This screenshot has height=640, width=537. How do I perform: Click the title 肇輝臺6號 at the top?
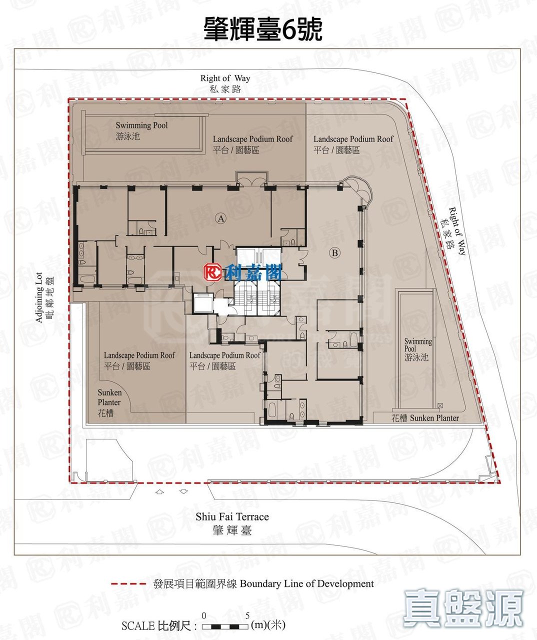tap(263, 28)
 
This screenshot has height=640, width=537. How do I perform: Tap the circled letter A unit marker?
tap(220, 218)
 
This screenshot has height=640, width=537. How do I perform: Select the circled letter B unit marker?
tap(334, 253)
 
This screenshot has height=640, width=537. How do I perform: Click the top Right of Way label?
tap(225, 83)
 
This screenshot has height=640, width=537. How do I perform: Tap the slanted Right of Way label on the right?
tap(453, 230)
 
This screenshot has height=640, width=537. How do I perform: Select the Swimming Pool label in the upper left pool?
tap(141, 130)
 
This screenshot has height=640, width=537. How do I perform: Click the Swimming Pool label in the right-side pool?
tap(418, 349)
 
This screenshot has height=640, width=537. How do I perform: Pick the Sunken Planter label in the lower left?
tap(109, 403)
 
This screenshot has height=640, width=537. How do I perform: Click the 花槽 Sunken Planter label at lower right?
tap(425, 418)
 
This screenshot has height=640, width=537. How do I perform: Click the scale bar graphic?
tap(225, 626)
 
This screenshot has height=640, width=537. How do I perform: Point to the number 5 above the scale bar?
tap(247, 615)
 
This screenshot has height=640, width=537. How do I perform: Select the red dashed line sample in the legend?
tap(128, 583)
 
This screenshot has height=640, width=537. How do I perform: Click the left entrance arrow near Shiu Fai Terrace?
tap(159, 491)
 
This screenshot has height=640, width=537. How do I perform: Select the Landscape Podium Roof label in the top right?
tap(353, 144)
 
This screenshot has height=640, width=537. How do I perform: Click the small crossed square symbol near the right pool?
tap(440, 405)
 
